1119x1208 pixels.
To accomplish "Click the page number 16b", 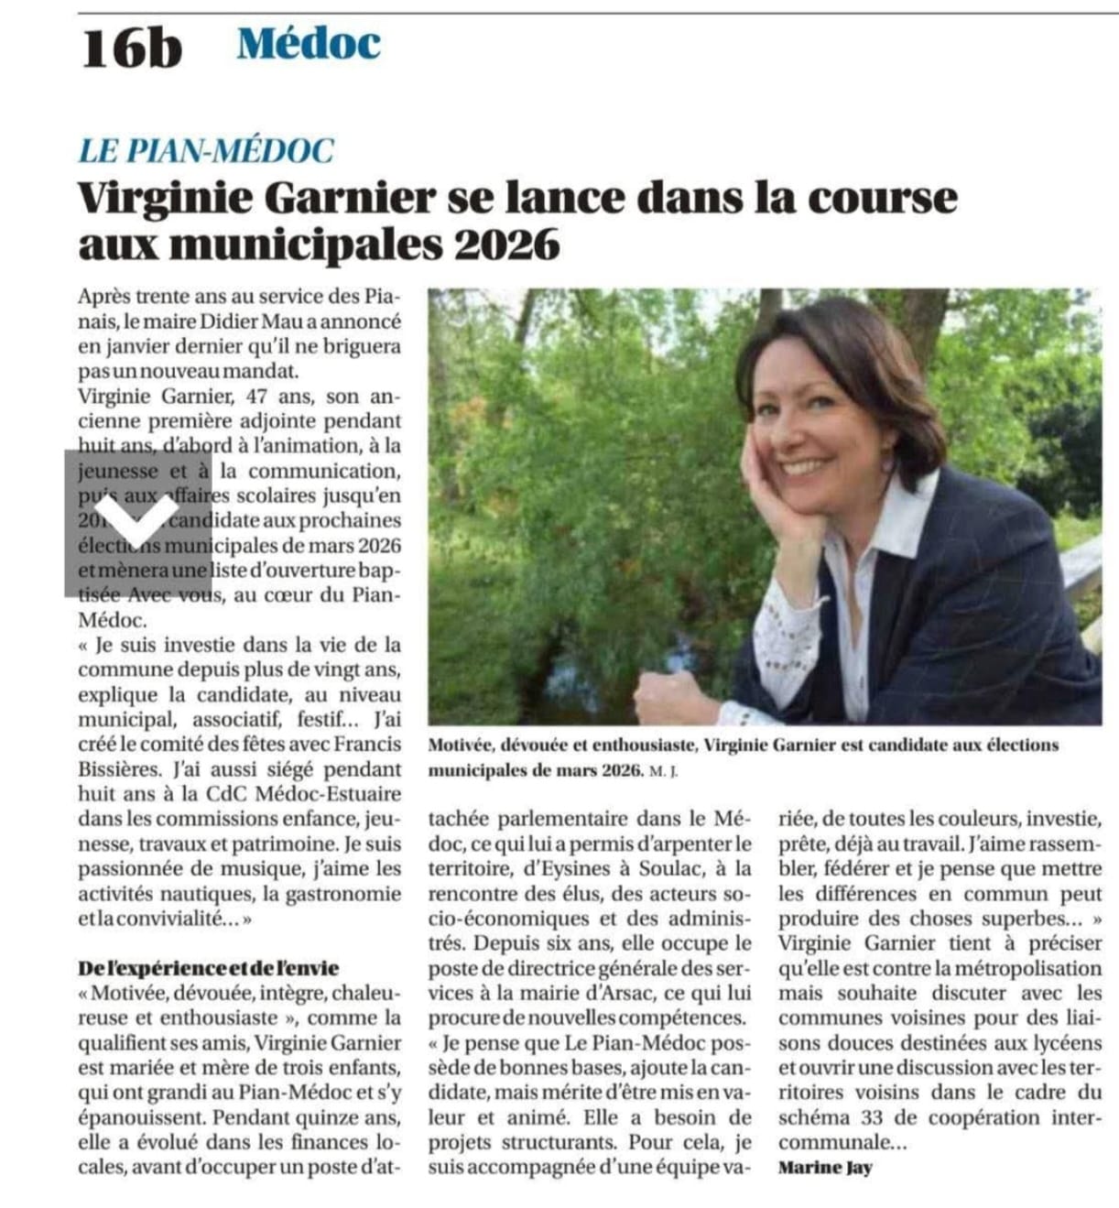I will [x=132, y=49].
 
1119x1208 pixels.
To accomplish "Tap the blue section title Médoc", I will [x=309, y=44].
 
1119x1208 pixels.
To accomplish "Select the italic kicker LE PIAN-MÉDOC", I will [x=206, y=150].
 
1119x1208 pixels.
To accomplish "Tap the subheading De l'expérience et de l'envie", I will [x=209, y=968].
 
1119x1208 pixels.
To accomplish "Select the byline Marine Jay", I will [x=825, y=1168].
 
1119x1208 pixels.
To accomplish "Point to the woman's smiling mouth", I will [x=806, y=466].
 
